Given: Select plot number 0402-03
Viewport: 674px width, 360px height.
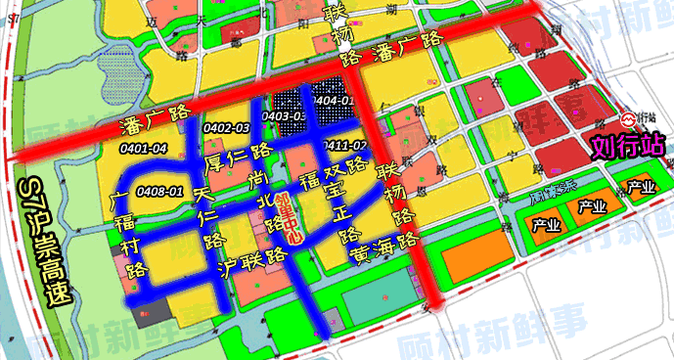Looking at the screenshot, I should pyautogui.click(x=226, y=128).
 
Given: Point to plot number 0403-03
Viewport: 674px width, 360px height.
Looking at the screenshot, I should pyautogui.click(x=286, y=116).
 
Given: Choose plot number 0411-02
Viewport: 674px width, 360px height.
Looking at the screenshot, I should pyautogui.click(x=345, y=146).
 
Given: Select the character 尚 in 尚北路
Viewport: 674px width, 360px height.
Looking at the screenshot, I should pyautogui.click(x=257, y=179).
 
